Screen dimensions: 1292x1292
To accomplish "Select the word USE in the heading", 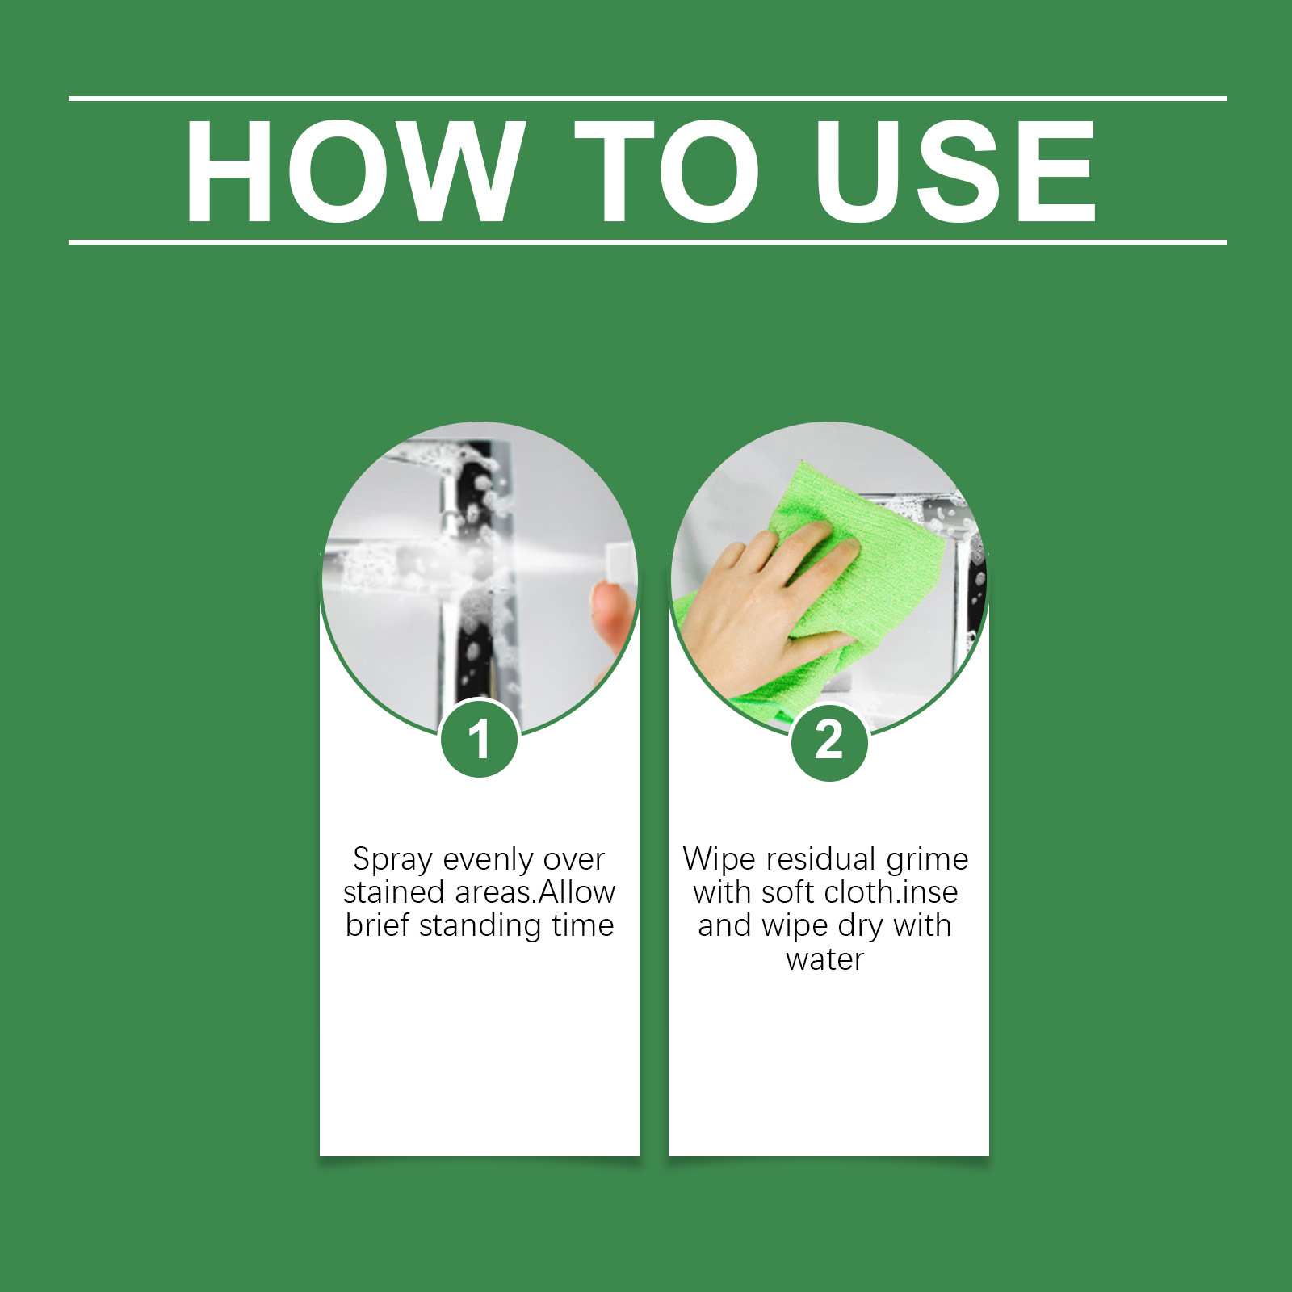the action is point(955,170).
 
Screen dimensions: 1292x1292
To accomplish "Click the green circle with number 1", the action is point(480,739).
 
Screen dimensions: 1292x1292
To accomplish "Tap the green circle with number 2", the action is point(829,740).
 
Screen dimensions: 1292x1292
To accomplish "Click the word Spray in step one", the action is point(392,860).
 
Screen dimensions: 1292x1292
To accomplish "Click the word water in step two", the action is point(824,959).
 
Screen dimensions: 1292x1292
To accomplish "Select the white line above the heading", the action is point(648,99).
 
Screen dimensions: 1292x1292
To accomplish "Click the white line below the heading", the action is point(648,241).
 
